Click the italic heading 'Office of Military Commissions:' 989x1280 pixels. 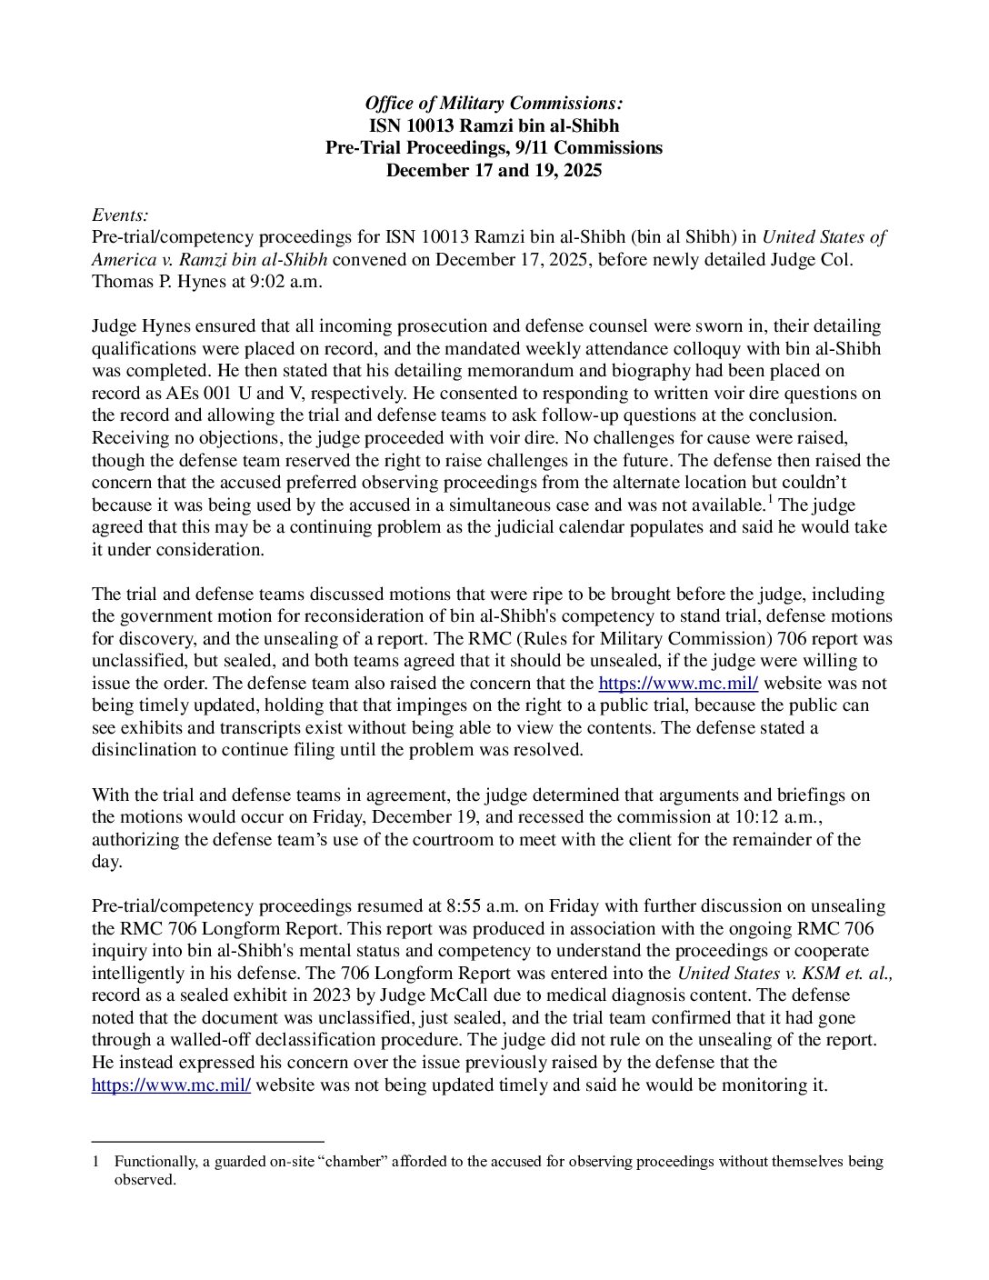pos(494,104)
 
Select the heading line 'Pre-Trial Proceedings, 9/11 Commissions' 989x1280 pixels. pos(494,147)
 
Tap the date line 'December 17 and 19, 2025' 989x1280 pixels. pos(494,170)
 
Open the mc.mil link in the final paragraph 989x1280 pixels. pos(171,1085)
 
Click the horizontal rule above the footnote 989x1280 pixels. pos(208,1140)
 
